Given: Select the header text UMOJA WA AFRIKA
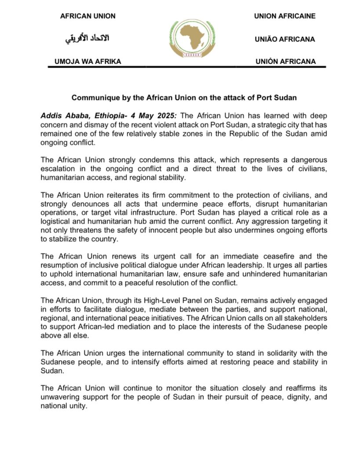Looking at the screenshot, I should [x=87, y=62].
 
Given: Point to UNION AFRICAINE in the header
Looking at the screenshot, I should [x=285, y=16].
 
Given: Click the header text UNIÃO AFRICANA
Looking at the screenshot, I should [x=285, y=39].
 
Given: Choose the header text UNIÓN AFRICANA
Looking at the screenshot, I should [x=285, y=62].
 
